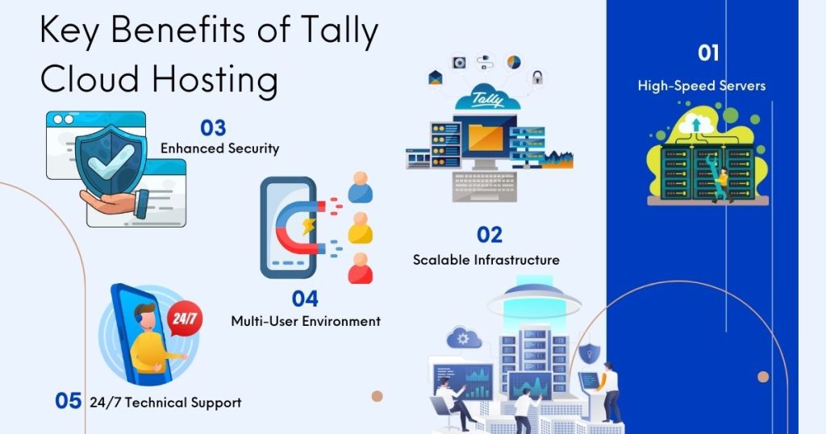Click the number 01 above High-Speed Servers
[x=708, y=52]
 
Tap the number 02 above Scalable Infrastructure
[x=490, y=235]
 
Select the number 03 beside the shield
[x=213, y=128]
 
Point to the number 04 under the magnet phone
[x=305, y=299]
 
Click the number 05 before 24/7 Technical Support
[x=69, y=401]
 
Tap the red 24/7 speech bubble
[x=185, y=318]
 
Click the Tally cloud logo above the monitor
[x=487, y=98]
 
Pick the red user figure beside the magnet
[x=361, y=268]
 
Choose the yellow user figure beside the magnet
[x=361, y=227]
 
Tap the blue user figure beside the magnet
[x=361, y=187]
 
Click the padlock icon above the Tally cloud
[x=536, y=77]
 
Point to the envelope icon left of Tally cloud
[x=436, y=78]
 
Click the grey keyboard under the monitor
[x=484, y=186]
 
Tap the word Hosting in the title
[x=215, y=80]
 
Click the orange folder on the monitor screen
[x=485, y=136]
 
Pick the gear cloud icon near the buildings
[x=464, y=338]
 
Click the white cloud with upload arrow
[x=696, y=125]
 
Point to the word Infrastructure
[x=516, y=260]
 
